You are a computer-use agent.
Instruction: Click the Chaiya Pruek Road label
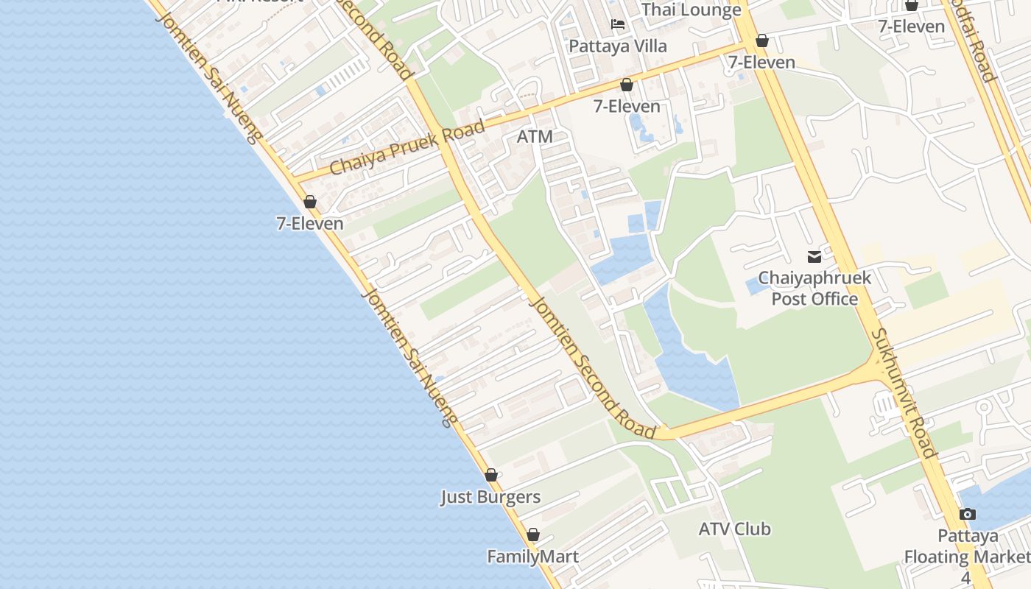coord(407,147)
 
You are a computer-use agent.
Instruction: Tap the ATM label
coord(535,136)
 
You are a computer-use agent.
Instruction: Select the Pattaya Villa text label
coord(618,46)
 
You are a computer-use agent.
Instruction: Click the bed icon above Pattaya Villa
coord(618,25)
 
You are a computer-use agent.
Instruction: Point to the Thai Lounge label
coord(692,10)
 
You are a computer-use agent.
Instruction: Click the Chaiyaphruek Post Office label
coord(814,289)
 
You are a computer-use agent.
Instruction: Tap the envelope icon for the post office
coord(814,257)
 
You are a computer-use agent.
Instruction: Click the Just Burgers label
coord(490,497)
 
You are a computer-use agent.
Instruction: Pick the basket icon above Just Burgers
coord(491,476)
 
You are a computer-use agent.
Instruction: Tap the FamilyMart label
coord(532,557)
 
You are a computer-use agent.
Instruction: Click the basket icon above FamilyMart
coord(532,535)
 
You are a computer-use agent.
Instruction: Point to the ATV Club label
coord(734,529)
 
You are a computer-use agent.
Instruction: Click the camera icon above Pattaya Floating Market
coord(968,514)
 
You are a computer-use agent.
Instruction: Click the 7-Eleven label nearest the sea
coord(310,223)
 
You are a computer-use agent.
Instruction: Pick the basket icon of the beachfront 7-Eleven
coord(310,202)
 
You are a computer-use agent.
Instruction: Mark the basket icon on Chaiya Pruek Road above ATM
coord(627,85)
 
